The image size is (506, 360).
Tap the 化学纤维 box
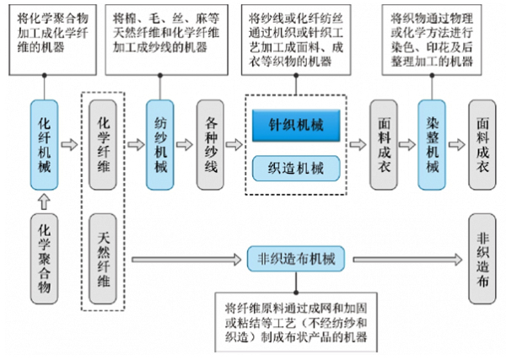point(103,145)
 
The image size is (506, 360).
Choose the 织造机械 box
point(295,166)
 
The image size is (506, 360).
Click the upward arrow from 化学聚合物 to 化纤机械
point(46,200)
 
